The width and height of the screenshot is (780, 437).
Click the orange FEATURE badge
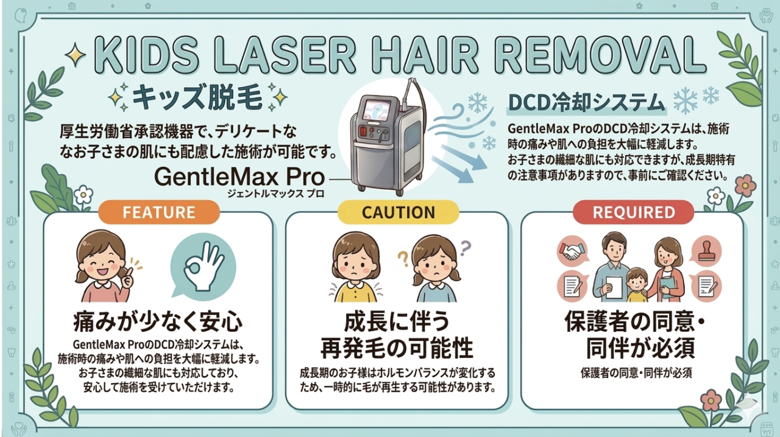[159, 212]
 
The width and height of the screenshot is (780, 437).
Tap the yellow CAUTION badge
[399, 212]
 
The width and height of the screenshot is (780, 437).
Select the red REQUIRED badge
[633, 212]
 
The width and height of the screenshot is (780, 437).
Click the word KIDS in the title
[147, 55]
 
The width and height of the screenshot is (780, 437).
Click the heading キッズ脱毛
[197, 98]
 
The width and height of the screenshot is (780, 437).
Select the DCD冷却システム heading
[586, 103]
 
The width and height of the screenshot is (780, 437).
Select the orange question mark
[403, 259]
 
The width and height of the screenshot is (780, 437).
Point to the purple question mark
[465, 248]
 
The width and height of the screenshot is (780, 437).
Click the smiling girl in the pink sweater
[104, 266]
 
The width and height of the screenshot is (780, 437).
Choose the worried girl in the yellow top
[355, 267]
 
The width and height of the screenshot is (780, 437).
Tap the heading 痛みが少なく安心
[158, 322]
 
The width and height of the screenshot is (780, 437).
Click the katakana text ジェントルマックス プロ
[275, 194]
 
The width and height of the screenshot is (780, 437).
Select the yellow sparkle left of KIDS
[75, 55]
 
